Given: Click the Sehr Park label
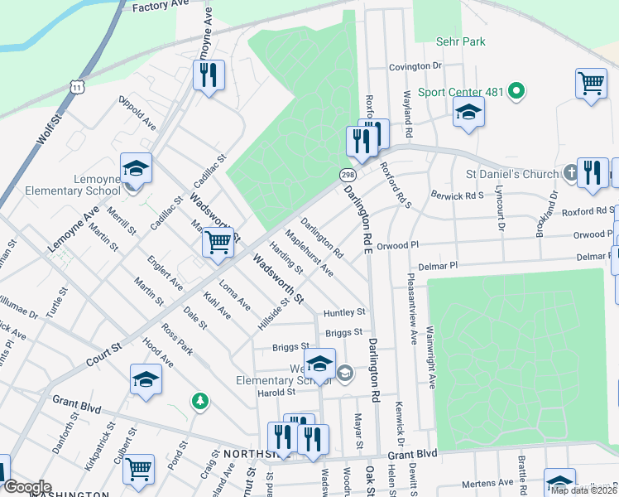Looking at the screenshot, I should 461,41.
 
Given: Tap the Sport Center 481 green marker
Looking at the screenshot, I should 517,91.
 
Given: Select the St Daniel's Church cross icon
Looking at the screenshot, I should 570,174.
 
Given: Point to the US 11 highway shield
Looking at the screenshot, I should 77,86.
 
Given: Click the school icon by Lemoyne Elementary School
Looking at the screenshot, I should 136,169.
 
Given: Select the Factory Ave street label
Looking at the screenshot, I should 161,7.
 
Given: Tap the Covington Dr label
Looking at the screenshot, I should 415,65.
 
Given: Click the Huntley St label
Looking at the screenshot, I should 344,312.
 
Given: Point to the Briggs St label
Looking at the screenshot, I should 344,332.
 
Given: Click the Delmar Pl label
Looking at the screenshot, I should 438,267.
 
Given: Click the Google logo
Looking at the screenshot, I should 27,487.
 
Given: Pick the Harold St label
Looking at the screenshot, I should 276,392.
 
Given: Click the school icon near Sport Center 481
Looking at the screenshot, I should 468,113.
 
